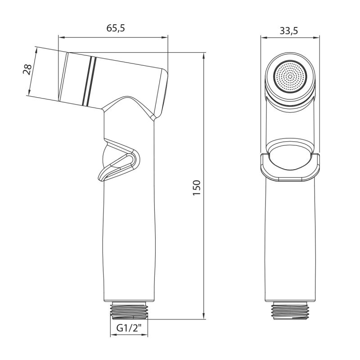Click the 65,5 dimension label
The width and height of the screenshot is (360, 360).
tap(115, 28)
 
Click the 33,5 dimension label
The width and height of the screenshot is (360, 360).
tap(289, 31)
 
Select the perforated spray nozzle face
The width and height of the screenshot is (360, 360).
tap(290, 75)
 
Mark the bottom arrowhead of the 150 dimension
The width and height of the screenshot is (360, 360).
tap(204, 316)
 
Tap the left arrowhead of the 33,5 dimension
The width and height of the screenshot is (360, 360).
tap(263, 39)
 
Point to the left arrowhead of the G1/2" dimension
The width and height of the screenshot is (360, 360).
tap(112, 336)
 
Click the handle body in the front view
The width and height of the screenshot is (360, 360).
tap(290, 238)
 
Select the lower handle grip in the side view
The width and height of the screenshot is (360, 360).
tap(129, 243)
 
